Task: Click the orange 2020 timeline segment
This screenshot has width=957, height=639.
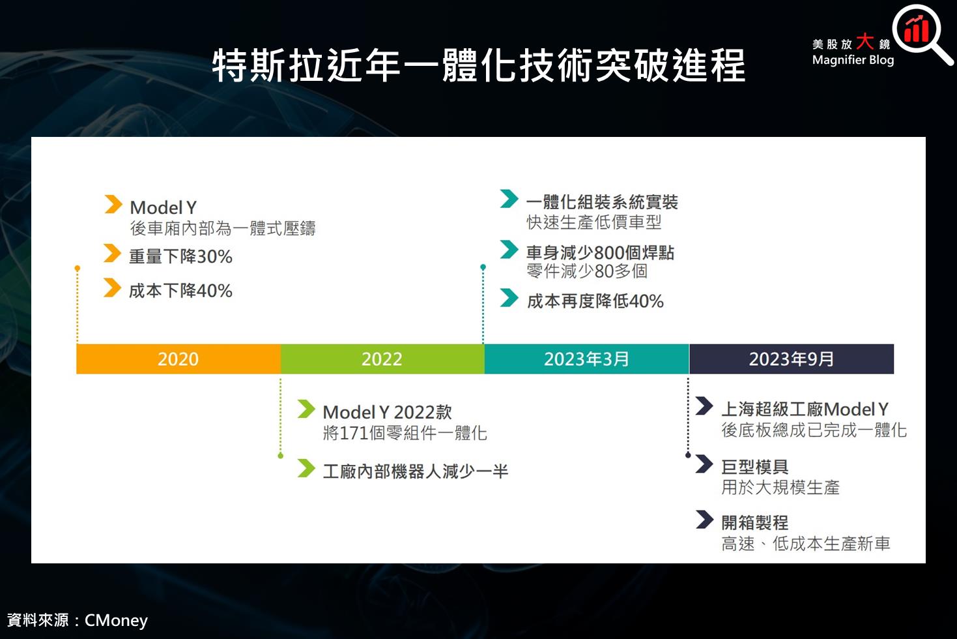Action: [x=178, y=359]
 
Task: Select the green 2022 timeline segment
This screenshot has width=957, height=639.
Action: [x=382, y=359]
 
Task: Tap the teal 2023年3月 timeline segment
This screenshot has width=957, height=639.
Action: [x=586, y=359]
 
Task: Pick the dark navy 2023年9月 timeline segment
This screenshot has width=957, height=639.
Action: [x=792, y=359]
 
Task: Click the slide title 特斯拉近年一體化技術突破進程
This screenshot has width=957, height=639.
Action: [x=479, y=65]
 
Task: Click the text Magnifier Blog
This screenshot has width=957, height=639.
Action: [x=853, y=60]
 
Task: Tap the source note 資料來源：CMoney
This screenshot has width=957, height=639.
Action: [x=78, y=619]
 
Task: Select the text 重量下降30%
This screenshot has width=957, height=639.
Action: [x=180, y=256]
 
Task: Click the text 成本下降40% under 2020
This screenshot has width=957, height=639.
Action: [x=180, y=290]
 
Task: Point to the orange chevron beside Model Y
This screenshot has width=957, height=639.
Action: [x=113, y=204]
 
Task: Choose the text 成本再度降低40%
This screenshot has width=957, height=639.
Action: [x=595, y=301]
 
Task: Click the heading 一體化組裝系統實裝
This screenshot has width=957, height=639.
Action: [x=602, y=202]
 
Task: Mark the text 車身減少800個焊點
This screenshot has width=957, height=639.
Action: [x=600, y=252]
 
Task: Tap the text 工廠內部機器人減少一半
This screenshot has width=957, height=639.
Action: [x=415, y=471]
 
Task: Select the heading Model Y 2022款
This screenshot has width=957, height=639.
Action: [x=387, y=412]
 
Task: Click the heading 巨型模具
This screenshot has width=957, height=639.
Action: [x=755, y=467]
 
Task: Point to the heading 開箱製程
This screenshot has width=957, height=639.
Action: [x=755, y=522]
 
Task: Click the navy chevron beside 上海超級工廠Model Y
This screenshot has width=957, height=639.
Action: [x=704, y=406]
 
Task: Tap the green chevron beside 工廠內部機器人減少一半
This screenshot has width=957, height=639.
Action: [x=306, y=468]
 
